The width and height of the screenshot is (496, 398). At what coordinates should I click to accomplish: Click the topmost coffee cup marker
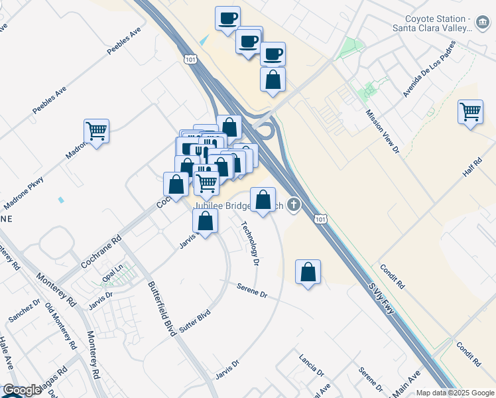[x=227, y=18]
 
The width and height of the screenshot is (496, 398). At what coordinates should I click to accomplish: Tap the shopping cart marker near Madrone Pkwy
[x=97, y=131]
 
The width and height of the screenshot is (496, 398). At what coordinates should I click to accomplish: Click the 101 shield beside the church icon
[x=321, y=219]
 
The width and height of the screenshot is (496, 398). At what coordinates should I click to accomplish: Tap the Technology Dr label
[x=250, y=243]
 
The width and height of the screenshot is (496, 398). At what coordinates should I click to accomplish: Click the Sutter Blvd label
[x=194, y=322]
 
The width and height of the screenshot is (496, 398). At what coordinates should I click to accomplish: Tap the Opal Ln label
[x=113, y=273]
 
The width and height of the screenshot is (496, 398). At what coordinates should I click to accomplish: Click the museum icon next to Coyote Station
[x=482, y=25]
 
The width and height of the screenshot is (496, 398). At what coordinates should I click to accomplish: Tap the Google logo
[x=22, y=390]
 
